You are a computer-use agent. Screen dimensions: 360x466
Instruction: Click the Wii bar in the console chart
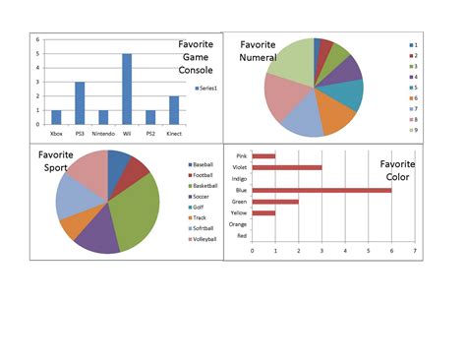click(127, 89)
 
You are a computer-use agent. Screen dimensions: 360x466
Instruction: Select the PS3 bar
click(80, 102)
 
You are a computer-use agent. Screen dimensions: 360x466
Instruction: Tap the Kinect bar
click(174, 109)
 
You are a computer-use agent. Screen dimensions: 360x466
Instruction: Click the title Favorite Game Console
click(201, 57)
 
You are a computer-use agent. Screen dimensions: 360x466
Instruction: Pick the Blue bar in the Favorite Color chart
click(321, 190)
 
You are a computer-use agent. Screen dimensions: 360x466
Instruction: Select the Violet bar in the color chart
click(287, 167)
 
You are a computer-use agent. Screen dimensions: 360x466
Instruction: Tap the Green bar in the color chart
click(275, 202)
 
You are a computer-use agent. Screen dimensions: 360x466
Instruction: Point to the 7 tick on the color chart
click(415, 251)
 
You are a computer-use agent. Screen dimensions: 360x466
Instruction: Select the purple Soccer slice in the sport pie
click(98, 236)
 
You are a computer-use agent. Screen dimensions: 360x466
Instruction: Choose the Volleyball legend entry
click(204, 239)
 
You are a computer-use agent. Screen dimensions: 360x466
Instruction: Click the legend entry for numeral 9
click(416, 129)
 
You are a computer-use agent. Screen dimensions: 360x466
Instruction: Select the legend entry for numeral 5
click(416, 87)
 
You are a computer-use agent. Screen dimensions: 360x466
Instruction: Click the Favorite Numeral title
click(258, 50)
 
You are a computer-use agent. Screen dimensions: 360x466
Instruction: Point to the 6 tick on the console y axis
click(37, 40)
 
